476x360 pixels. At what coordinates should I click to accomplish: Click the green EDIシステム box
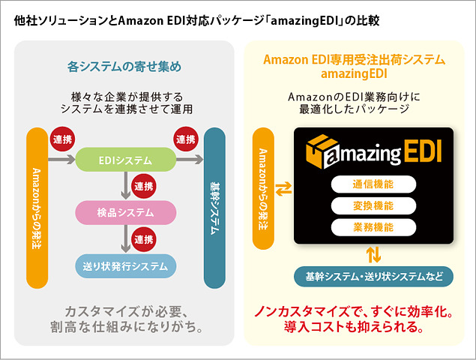point(125,160)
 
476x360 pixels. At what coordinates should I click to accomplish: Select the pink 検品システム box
point(125,212)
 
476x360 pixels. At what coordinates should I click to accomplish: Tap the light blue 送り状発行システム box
point(125,265)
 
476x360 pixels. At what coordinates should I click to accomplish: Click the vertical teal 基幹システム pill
point(214,208)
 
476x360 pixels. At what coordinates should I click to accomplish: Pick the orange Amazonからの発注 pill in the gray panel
point(37,208)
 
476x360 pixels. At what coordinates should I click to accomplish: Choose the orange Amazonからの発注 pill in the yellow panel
point(263,188)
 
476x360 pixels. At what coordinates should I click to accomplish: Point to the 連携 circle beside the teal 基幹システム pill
point(184,139)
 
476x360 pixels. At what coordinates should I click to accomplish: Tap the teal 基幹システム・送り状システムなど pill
point(374,276)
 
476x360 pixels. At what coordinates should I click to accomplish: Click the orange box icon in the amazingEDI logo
point(320,152)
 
